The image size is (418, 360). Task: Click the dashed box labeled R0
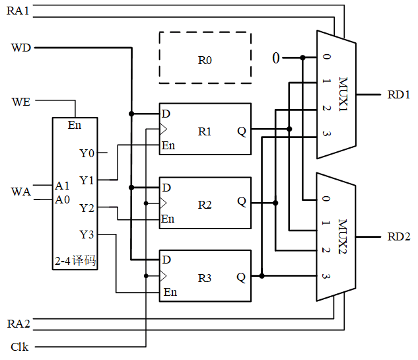point(205,58)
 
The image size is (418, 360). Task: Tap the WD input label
point(21,48)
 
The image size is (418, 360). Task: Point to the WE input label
point(20,101)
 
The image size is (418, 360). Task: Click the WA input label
point(21,192)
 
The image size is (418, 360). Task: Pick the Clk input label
point(20,346)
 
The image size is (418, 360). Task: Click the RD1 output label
point(399,94)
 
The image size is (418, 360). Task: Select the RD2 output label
point(399,236)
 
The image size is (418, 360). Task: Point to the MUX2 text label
point(344,236)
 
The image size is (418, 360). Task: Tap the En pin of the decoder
point(75,125)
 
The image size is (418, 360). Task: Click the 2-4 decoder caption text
point(75,261)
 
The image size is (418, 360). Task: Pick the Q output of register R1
point(242,131)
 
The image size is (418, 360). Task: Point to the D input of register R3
point(166,260)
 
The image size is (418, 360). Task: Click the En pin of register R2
point(168,219)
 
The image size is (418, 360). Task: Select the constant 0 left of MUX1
point(276,58)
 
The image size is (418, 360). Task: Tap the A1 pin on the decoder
point(63,186)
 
